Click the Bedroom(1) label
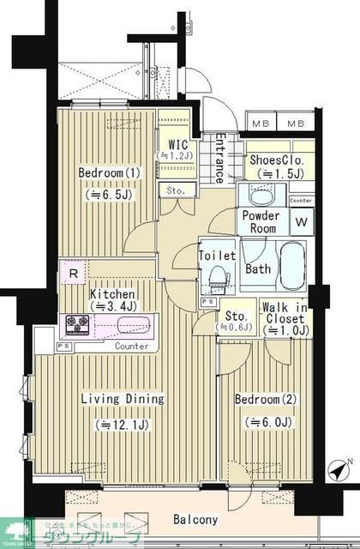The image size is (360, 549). click(x=109, y=173)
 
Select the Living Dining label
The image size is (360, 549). click(x=122, y=400)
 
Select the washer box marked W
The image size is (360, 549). click(x=301, y=222)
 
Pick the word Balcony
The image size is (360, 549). click(x=195, y=520)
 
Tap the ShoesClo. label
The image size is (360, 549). click(x=278, y=160)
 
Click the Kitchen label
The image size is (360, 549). click(x=112, y=294)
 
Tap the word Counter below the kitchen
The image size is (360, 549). click(x=131, y=347)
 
